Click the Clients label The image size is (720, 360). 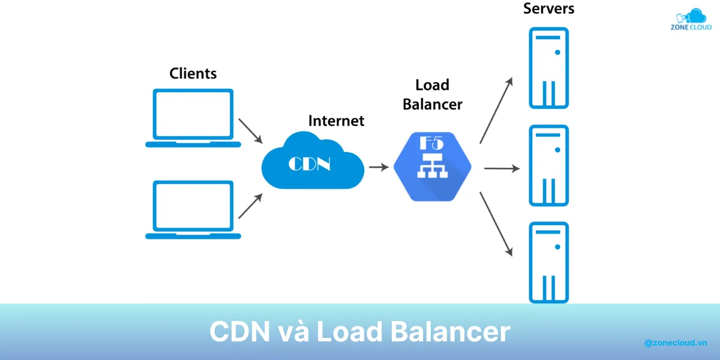(x=193, y=74)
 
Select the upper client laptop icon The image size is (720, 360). (x=193, y=118)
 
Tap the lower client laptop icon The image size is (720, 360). (x=193, y=209)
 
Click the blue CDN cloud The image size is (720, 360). (x=312, y=162)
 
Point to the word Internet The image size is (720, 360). (x=336, y=121)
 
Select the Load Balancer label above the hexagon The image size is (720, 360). (x=432, y=95)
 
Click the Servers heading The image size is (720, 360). (x=548, y=9)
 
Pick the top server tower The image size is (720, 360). (x=548, y=68)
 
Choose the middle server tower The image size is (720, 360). (x=548, y=166)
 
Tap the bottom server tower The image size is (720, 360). (x=548, y=262)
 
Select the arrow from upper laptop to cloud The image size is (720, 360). (x=251, y=130)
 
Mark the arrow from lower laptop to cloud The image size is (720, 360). (x=251, y=206)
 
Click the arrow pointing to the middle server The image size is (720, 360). (x=502, y=169)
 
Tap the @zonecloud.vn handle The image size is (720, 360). (x=676, y=343)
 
